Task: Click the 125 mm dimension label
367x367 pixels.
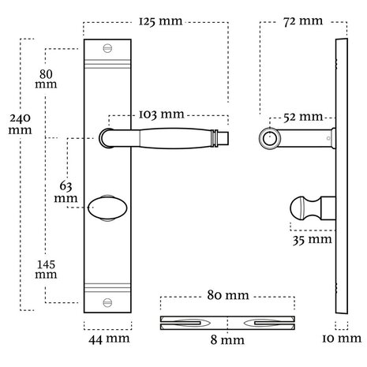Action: pyautogui.click(x=160, y=21)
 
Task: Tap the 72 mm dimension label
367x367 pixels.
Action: pyautogui.click(x=303, y=21)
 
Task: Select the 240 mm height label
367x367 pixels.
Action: pyautogui.click(x=20, y=124)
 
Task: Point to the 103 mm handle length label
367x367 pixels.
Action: pyautogui.click(x=161, y=114)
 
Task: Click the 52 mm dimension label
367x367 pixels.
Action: pyautogui.click(x=303, y=117)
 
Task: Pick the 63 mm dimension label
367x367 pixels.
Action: pyautogui.click(x=66, y=192)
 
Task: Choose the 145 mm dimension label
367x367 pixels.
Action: pyautogui.click(x=46, y=269)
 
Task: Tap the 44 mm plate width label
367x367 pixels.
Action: pyautogui.click(x=109, y=339)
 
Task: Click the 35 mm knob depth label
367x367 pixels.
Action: pyautogui.click(x=313, y=240)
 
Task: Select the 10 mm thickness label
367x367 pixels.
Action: pyautogui.click(x=342, y=339)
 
